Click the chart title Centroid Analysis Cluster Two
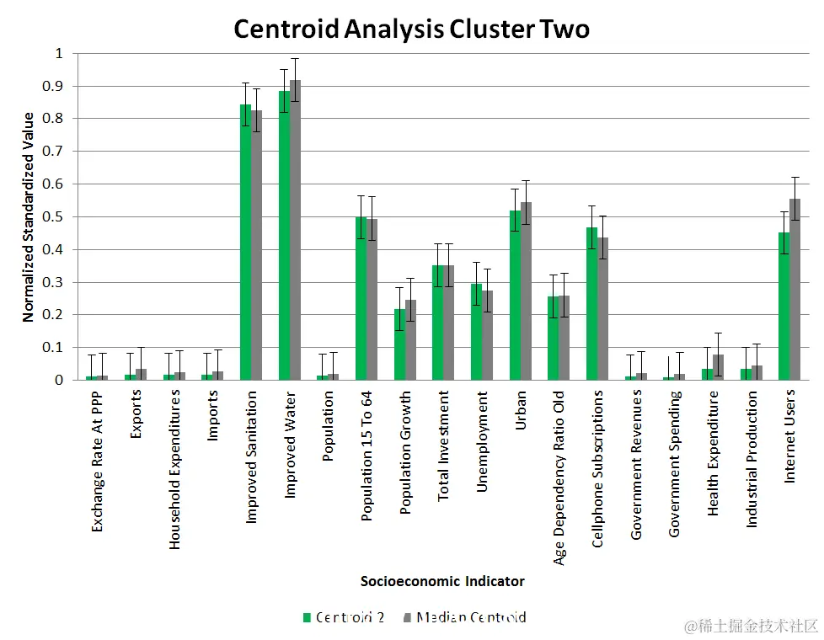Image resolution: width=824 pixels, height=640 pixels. click(411, 29)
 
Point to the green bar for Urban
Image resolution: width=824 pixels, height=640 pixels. click(515, 295)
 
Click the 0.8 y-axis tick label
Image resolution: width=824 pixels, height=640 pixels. click(54, 119)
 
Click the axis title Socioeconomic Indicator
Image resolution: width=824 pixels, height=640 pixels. click(442, 581)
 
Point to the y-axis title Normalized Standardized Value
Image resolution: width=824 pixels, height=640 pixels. click(29, 216)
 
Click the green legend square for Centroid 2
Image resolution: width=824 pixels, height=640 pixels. click(307, 617)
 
